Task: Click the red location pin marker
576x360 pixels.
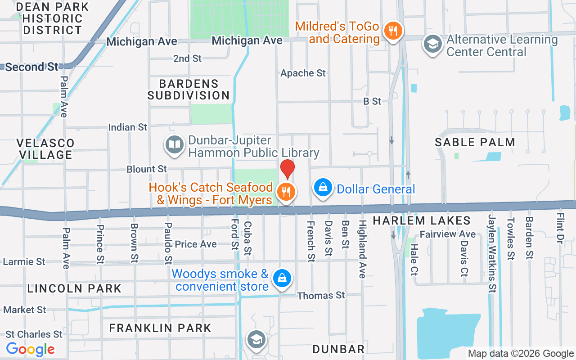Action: pos(288,169)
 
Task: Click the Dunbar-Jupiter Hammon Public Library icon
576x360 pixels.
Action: pos(174,145)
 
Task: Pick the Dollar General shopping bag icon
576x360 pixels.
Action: pos(323,188)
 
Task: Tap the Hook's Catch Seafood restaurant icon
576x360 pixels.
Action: pos(285,192)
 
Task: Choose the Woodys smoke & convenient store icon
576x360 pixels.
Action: pos(282,279)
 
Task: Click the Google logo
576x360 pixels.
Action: pos(31,349)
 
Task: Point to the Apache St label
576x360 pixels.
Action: pos(303,73)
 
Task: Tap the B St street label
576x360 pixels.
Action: pos(372,101)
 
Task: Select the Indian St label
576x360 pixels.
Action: pos(128,127)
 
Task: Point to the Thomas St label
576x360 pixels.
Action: pos(321,296)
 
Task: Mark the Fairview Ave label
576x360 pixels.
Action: pos(448,234)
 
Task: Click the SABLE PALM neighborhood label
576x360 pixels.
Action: pos(475,142)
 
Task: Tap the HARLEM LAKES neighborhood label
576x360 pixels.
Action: pos(422,220)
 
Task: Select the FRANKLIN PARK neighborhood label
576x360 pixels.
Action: pos(160,328)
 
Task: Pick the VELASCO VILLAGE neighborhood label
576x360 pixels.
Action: pos(45,148)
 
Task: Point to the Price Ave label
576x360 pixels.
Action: pos(196,244)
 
